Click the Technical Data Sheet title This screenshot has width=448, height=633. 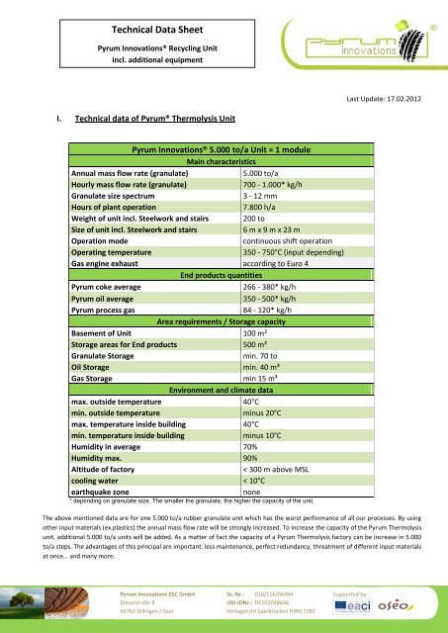point(124,31)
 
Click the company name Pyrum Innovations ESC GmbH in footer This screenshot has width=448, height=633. point(139,591)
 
